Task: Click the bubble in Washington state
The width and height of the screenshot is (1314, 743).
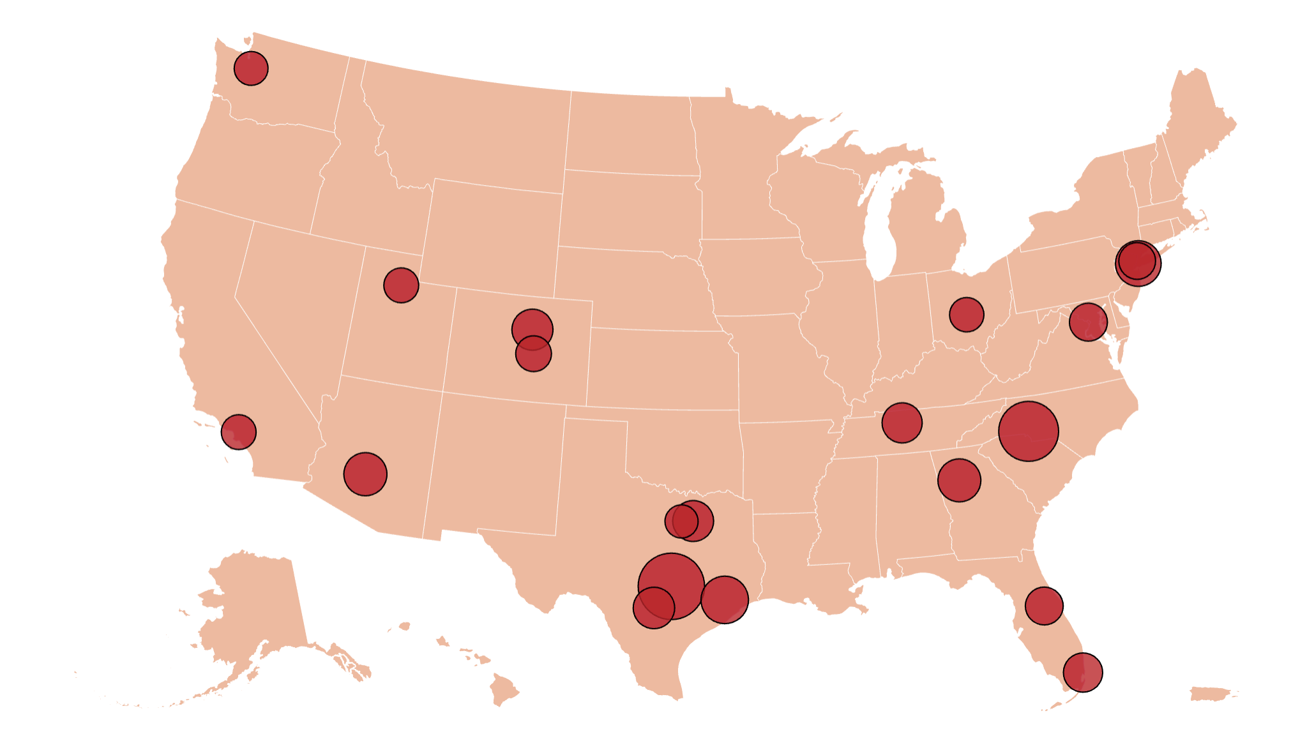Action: [x=251, y=68]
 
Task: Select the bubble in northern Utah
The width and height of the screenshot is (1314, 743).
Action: [x=401, y=285]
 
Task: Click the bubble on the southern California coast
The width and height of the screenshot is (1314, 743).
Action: [x=239, y=432]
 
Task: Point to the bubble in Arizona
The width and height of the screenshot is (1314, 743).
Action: [x=365, y=474]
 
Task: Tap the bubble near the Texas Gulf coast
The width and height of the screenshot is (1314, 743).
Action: [x=725, y=599]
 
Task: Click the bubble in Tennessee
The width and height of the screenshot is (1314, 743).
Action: [x=902, y=423]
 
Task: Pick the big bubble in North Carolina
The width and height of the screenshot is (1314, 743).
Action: [x=1029, y=432]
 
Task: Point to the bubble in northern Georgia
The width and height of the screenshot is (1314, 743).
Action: [x=959, y=480]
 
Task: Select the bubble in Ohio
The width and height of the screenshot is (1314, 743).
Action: [x=967, y=315]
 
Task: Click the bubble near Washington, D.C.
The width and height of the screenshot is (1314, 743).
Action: [x=1088, y=322]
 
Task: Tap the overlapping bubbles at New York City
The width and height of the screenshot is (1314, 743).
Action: [x=1138, y=262]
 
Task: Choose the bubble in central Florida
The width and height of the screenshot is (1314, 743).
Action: [x=1044, y=606]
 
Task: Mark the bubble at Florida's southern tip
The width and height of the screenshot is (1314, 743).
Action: [x=1083, y=672]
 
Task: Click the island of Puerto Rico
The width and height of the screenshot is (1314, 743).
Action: [x=1212, y=693]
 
